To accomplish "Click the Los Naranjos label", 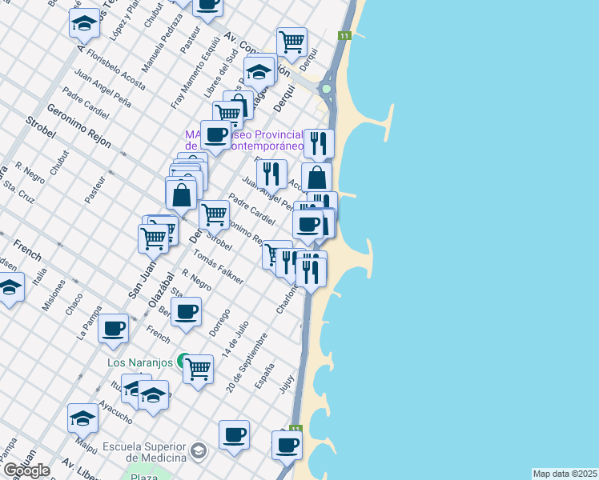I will pos(140,362).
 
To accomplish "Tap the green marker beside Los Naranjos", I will pos(183,361).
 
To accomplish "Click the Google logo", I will pos(26,470).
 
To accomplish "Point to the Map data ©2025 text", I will pos(565,474).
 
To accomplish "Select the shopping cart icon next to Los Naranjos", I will pos(198,369).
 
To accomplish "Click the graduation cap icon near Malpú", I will pos(82,417).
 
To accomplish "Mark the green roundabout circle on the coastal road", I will pos(327,89).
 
